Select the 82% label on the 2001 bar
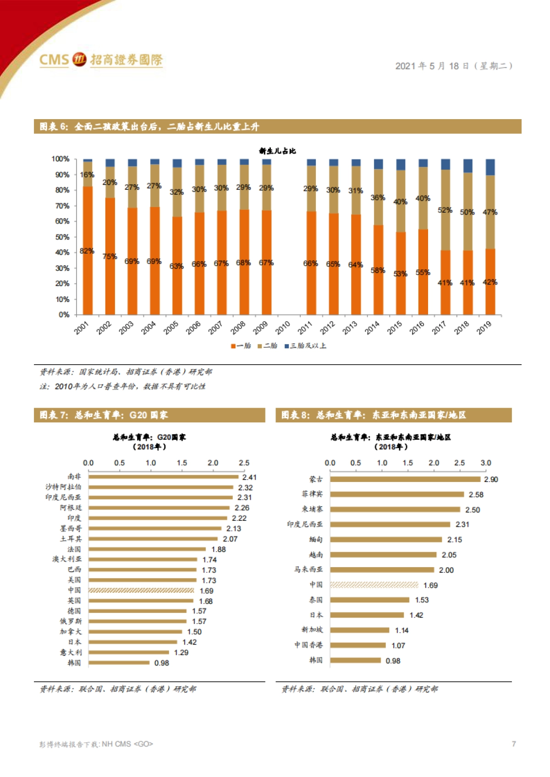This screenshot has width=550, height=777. point(87,251)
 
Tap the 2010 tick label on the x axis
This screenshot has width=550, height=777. point(283,327)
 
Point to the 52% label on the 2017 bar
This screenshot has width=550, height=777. point(445,210)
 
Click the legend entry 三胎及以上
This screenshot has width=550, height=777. point(305,346)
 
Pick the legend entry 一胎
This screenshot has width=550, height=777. point(241,346)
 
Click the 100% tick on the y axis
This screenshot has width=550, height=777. point(60,159)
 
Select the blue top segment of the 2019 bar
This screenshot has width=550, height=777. point(490,167)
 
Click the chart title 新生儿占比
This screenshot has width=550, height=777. point(277,151)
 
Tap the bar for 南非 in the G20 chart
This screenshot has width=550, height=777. point(163,477)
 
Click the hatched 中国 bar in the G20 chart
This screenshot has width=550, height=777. point(141,591)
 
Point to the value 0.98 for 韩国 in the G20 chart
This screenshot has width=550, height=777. point(161,663)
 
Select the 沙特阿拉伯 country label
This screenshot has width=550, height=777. point(63,487)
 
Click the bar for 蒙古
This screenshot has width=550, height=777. point(405,479)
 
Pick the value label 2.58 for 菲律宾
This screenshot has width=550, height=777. point(476,495)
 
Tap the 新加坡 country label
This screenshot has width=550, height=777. point(312,630)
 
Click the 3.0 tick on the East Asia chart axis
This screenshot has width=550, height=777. point(486,463)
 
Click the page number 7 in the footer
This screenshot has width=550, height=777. point(514,744)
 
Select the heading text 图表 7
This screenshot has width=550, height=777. point(54,416)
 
